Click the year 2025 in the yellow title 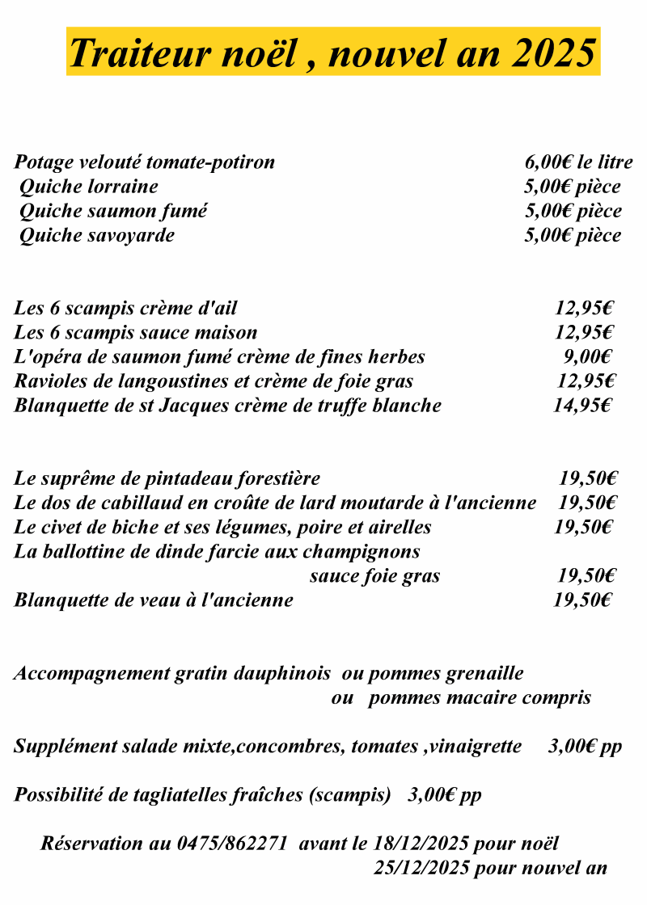[554, 53]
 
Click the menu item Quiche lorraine [88, 187]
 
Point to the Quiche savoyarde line [96, 236]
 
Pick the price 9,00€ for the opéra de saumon [587, 357]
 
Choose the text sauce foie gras [374, 576]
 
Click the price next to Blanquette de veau [582, 600]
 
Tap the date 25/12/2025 [421, 869]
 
